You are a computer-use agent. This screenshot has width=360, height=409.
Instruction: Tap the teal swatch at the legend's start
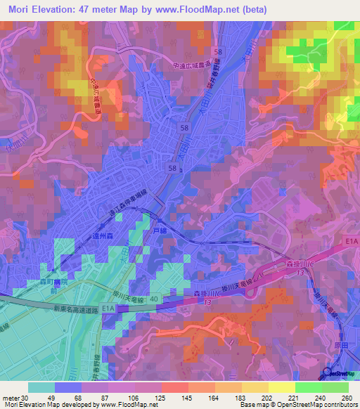tap(41, 387)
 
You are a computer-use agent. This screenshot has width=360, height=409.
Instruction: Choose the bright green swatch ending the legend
tap(335, 387)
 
